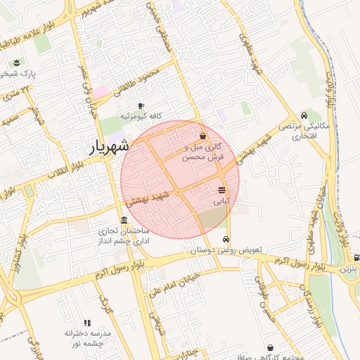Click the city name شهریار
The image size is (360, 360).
click(109, 146)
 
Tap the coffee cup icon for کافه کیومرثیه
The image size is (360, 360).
click(141, 105)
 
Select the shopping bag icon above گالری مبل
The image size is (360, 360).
click(203, 136)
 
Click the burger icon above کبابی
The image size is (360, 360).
click(221, 191)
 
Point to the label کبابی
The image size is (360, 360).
click(221, 202)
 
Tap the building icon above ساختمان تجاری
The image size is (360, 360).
click(124, 219)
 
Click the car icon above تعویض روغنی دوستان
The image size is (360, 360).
click(226, 239)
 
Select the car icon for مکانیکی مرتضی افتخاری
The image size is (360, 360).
click(303, 115)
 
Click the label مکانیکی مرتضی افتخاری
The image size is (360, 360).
click(304, 130)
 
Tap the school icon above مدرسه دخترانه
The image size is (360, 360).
click(87, 323)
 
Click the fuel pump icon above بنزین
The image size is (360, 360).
click(356, 257)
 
